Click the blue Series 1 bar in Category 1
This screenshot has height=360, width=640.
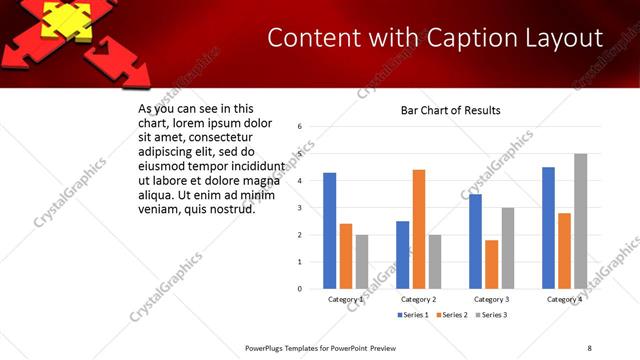(x=330, y=231)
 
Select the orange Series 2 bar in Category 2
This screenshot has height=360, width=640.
(x=418, y=229)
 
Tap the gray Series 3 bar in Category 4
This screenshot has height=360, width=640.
(x=580, y=221)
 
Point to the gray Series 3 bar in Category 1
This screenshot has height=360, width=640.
(x=362, y=262)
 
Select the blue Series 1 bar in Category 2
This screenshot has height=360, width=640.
(x=403, y=255)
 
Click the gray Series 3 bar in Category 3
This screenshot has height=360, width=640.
(x=507, y=248)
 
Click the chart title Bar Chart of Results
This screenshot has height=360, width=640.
(x=450, y=110)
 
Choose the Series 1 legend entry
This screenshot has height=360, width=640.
(x=414, y=315)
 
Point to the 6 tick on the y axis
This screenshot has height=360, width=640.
(x=300, y=127)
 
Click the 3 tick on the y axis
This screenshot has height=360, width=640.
(x=300, y=208)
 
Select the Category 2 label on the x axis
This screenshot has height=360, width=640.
(x=418, y=299)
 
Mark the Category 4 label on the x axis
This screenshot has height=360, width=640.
(x=564, y=299)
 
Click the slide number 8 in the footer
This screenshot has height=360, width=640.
(x=589, y=347)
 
